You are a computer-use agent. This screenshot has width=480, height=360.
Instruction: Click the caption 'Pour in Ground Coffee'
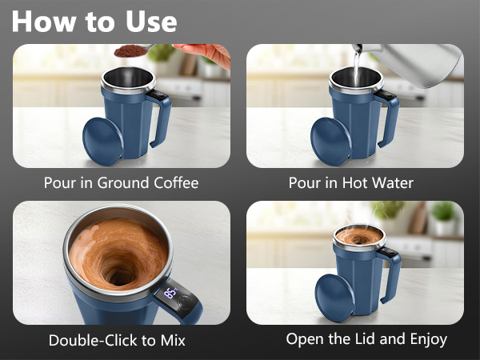(x=121, y=183)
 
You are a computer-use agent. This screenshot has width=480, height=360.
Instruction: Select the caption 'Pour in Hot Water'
(x=351, y=183)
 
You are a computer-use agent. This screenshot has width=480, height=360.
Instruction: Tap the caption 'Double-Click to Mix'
(x=117, y=340)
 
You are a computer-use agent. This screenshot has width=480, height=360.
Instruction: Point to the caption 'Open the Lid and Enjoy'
(x=366, y=339)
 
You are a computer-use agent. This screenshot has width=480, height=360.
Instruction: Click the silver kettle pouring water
(x=424, y=64)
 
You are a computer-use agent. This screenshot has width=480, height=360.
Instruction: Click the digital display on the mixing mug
(x=170, y=294)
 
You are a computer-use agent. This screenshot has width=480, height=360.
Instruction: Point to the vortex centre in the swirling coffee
(x=120, y=274)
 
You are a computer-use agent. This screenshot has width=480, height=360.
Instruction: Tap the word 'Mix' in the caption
(x=172, y=340)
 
